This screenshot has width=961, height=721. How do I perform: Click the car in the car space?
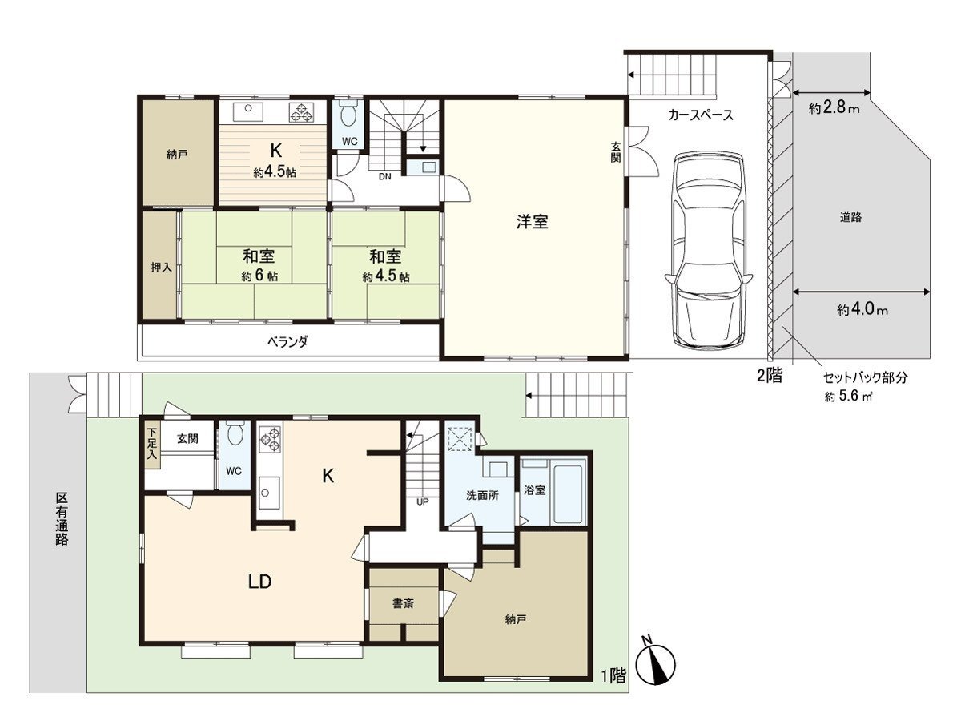pos(709,251)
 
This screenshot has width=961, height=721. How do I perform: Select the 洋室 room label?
pos(532,222)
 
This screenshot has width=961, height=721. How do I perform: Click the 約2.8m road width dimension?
pos(834,107)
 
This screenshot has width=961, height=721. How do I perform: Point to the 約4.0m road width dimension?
pos(862,309)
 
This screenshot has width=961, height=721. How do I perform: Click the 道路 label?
pos(850,217)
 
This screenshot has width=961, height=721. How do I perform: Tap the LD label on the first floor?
pos(260,582)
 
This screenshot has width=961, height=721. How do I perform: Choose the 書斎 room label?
pos(404,603)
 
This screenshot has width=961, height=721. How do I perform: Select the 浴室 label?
pos(535,489)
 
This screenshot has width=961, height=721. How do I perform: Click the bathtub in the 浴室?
pos(569,494)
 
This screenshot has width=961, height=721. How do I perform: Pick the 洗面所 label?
pos(482,496)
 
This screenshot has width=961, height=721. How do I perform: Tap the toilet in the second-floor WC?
pos(348,115)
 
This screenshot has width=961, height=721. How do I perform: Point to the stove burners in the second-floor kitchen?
pos(302,112)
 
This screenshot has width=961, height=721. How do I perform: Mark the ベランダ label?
pos(287,341)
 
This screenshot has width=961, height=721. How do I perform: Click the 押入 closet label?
pos(161,267)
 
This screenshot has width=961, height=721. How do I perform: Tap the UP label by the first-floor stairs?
pos(423,501)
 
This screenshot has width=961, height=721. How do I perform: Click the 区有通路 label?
pos(62,519)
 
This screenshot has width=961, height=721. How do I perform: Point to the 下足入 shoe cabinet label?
pos(152,443)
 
